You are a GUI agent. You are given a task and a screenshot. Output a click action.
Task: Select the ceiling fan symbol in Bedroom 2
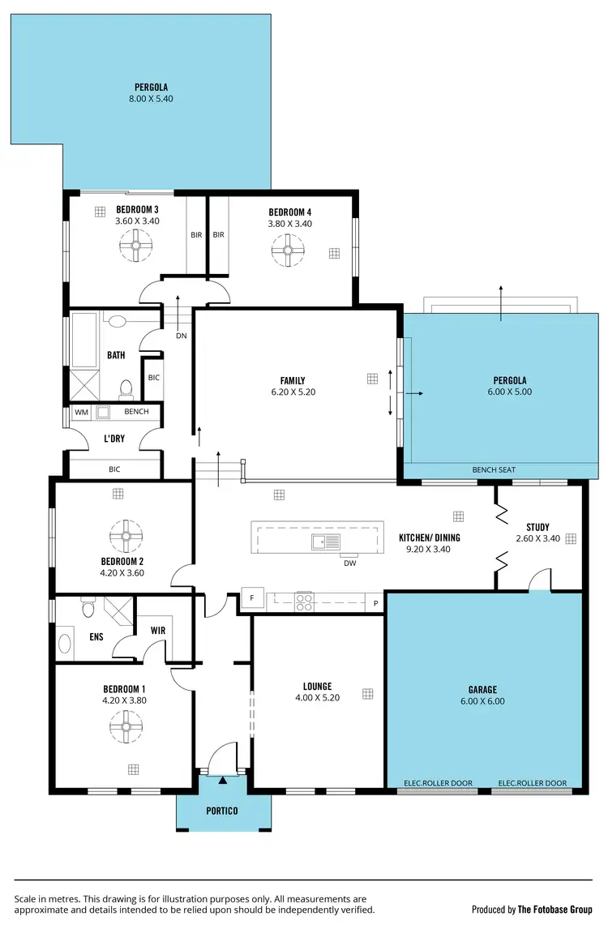click(126, 534)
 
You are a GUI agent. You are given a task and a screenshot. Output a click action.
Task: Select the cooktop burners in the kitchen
click(304, 602)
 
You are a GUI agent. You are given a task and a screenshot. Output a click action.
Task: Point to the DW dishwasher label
click(349, 563)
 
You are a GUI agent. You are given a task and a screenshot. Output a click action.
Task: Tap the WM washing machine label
click(81, 412)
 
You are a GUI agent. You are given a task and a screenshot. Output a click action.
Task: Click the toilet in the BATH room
click(126, 391)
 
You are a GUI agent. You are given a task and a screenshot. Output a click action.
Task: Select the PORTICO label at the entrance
click(222, 810)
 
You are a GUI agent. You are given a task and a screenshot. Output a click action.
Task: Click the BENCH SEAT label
click(494, 470)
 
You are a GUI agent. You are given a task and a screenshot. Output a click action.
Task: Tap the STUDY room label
click(537, 527)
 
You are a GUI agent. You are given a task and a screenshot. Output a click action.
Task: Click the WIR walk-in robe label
click(158, 629)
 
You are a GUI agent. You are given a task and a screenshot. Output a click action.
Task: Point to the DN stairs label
click(182, 335)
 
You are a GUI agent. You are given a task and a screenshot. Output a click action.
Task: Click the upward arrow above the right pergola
click(501, 293)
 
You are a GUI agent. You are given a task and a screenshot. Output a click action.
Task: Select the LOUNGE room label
click(317, 687)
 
